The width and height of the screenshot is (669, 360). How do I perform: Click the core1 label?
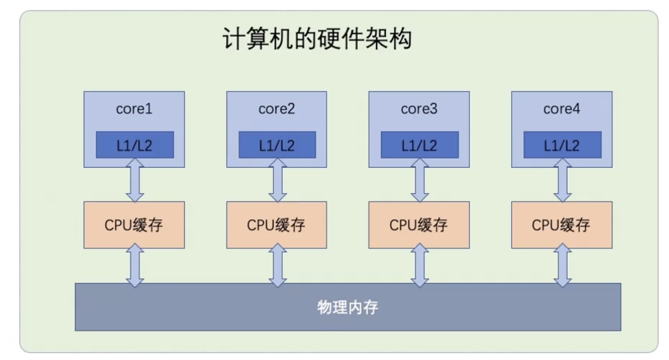tap(134, 109)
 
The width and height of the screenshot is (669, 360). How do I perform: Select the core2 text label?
tap(277, 109)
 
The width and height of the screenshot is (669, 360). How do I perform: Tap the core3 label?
tap(419, 109)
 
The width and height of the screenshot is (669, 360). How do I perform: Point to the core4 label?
tap(561, 109)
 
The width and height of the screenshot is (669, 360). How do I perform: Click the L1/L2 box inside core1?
tap(135, 145)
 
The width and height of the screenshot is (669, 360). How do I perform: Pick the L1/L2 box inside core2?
tap(277, 145)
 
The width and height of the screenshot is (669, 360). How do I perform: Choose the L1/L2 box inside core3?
tap(420, 145)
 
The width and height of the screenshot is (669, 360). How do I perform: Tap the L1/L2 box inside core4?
tap(562, 145)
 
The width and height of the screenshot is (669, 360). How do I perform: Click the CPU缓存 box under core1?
tap(134, 225)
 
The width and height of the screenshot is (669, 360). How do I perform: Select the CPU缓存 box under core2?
tap(276, 225)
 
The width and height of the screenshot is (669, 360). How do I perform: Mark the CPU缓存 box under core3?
tap(419, 225)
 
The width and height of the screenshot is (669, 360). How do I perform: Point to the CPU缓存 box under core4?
tap(561, 225)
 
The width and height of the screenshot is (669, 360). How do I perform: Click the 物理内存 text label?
tap(348, 307)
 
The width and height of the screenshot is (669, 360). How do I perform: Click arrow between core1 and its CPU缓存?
tap(135, 180)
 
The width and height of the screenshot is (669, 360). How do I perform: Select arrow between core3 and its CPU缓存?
tap(420, 180)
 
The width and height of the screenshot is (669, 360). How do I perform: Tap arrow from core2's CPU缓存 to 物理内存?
tap(277, 265)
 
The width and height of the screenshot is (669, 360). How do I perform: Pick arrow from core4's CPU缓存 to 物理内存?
tap(562, 265)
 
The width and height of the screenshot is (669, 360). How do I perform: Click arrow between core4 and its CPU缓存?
tap(562, 180)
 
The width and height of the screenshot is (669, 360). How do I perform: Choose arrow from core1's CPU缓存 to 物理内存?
tap(135, 265)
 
